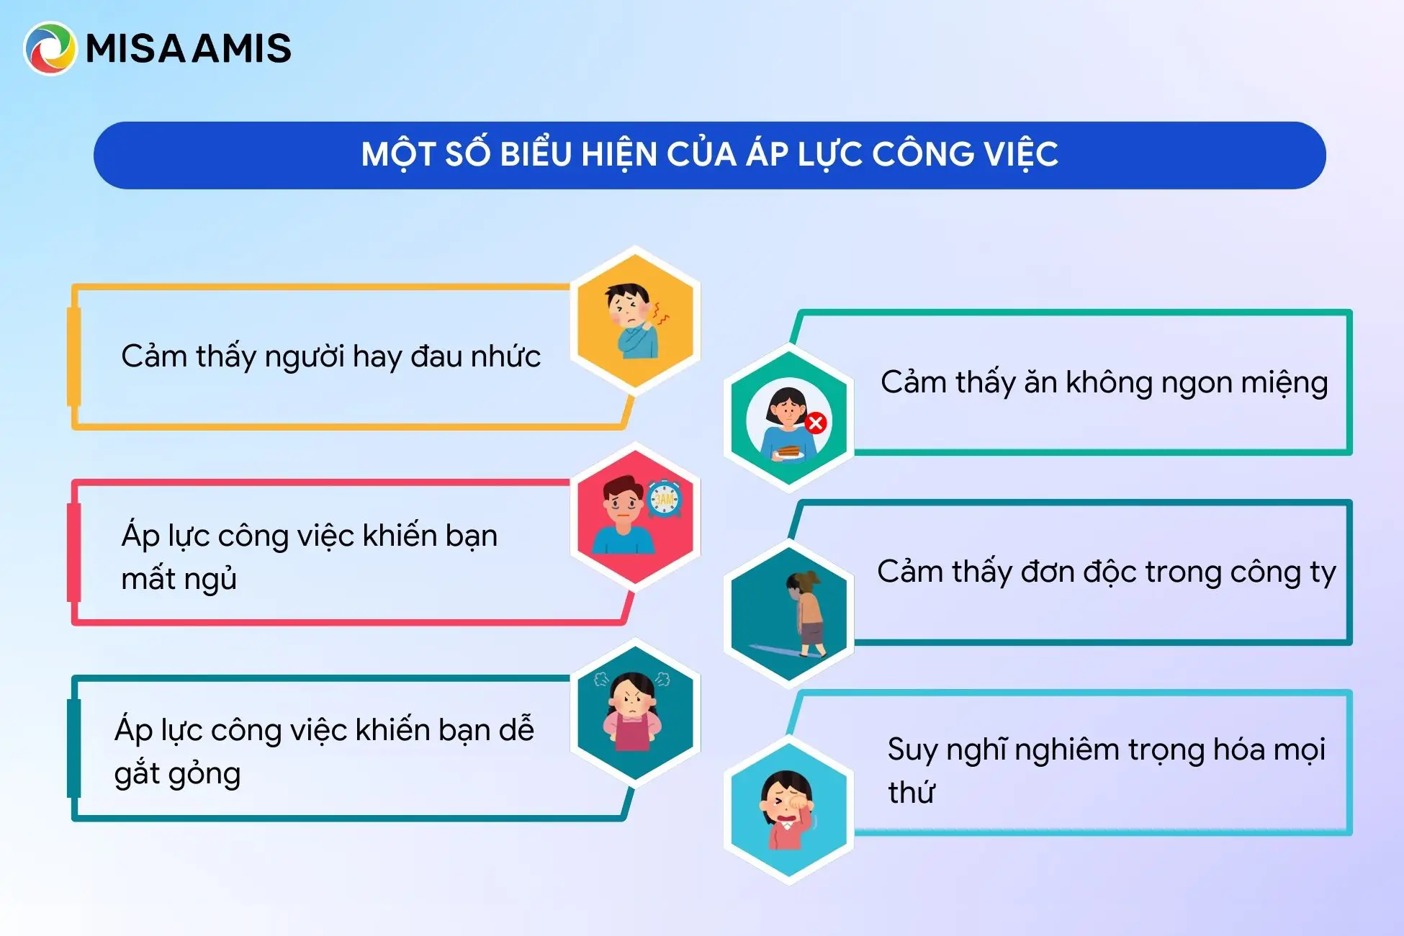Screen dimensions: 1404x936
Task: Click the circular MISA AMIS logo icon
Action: [50, 48]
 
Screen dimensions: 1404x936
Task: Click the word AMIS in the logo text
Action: [243, 49]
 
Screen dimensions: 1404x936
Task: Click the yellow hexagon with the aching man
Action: [635, 320]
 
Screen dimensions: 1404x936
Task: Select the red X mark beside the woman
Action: [816, 423]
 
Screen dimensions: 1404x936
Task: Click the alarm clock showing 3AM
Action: [664, 499]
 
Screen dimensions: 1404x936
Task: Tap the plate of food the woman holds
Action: [789, 452]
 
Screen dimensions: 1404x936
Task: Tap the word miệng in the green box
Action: [1284, 383]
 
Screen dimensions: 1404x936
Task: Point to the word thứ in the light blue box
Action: [912, 791]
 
